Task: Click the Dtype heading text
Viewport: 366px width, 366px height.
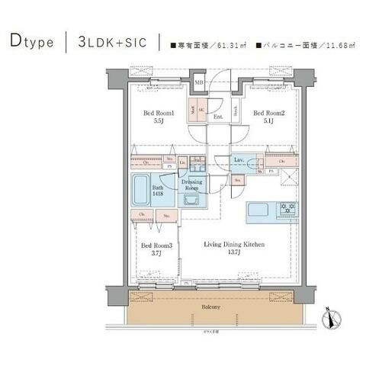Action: [x=32, y=42]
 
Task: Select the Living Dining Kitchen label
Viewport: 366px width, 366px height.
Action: [x=233, y=244]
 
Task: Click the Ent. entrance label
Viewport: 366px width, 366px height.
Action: [x=218, y=117]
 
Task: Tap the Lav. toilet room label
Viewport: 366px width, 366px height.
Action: [x=239, y=159]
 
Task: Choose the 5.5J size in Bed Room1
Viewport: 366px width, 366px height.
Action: [x=159, y=123]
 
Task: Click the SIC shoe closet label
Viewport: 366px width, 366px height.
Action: [x=201, y=109]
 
